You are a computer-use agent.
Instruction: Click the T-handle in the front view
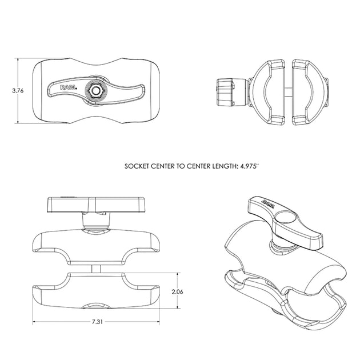tap(95, 203)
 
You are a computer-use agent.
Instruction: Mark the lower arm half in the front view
tap(95, 291)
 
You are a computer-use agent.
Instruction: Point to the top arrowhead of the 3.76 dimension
tap(20, 59)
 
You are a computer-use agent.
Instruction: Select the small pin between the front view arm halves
tap(95, 269)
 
